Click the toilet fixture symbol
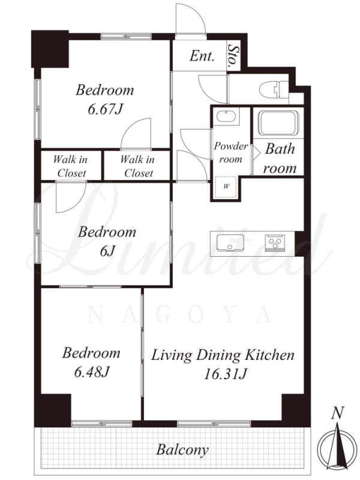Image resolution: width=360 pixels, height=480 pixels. point(274,89)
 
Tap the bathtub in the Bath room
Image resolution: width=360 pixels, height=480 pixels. point(278,123)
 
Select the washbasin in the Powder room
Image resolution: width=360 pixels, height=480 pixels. point(226,116)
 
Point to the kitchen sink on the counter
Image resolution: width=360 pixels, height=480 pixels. point(230,243)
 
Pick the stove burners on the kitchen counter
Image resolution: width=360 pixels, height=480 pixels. point(275,243)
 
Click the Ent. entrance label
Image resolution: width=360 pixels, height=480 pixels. point(202,56)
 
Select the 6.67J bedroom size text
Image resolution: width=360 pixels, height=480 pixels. point(106,109)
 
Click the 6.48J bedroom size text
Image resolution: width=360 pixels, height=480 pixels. point(92,372)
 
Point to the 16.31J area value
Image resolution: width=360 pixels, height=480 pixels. point(226,374)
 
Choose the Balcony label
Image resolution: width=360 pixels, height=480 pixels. point(182,450)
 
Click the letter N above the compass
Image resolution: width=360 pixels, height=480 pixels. point(337,413)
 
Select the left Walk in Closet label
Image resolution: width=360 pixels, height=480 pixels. point(71,166)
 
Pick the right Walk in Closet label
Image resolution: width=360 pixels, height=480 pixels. point(138,166)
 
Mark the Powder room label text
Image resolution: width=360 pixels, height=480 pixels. point(231,152)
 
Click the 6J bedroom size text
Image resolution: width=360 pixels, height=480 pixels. point(107,251)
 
